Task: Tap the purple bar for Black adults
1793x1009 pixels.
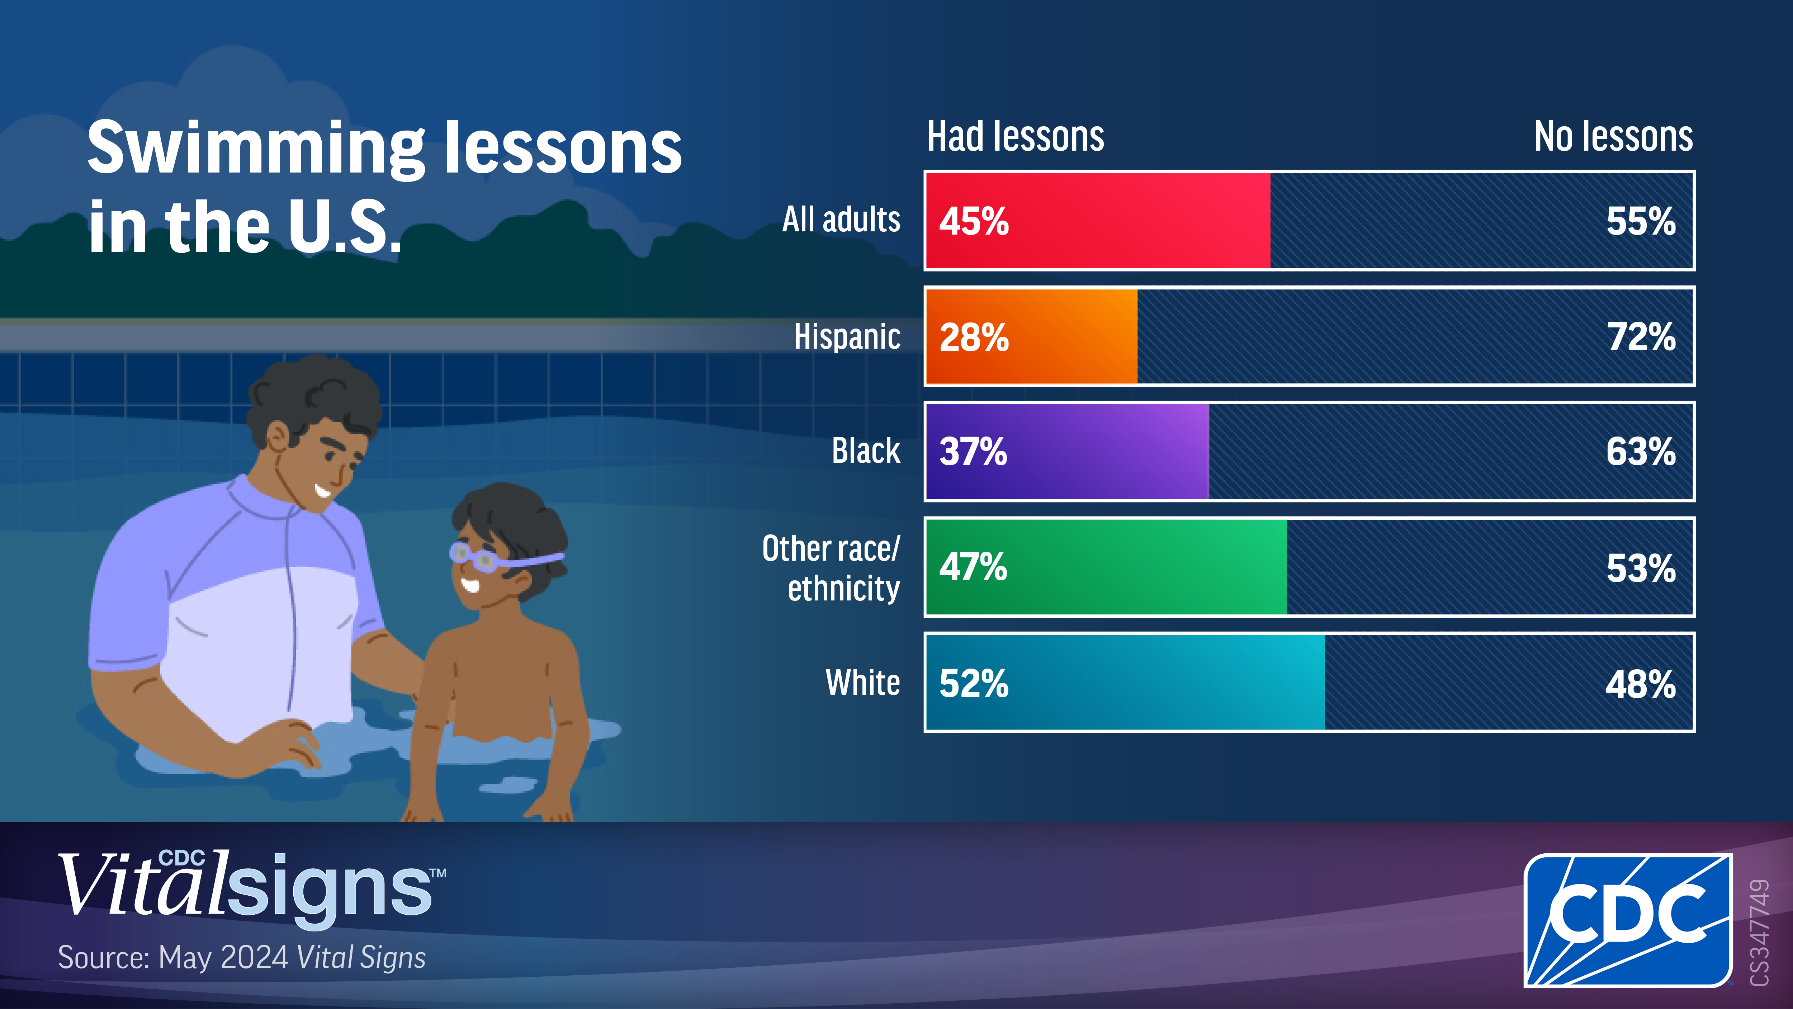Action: coord(1068,451)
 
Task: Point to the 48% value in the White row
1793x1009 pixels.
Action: coord(1641,684)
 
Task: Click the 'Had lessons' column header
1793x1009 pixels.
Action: coord(1015,137)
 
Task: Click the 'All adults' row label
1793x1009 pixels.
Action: coord(841,220)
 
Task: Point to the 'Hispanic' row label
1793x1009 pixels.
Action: coord(847,337)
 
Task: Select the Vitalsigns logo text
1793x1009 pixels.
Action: coord(251,886)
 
